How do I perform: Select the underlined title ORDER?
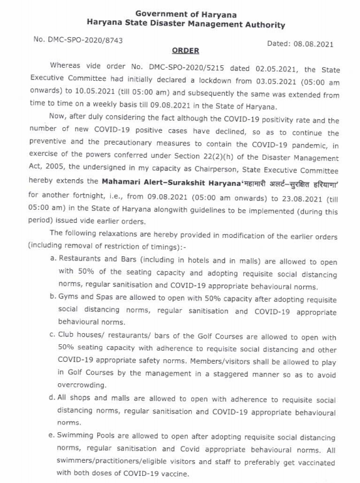[x=186, y=50]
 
